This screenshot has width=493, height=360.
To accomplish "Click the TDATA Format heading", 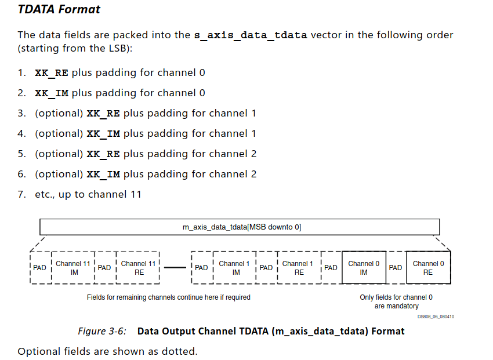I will [59, 10].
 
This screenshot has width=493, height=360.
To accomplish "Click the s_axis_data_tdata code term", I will [250, 35].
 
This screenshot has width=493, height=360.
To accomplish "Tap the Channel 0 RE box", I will [427, 267].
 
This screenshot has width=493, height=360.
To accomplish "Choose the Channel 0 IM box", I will [364, 267].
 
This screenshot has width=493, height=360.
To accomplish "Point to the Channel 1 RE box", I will [298, 267].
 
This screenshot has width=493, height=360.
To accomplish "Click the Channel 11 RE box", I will [138, 267].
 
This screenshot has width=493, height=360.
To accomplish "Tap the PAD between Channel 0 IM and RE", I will [395, 268].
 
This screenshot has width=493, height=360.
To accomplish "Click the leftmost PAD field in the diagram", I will [39, 268].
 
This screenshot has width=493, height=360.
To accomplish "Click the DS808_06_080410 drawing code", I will [436, 317].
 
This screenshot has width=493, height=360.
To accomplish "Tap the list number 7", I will [21, 194].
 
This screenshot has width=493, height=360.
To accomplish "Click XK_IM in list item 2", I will [52, 93].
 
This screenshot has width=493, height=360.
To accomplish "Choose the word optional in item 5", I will [59, 154].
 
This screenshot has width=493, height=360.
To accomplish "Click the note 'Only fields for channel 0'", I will [396, 297].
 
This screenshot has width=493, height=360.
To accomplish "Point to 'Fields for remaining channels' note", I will [169, 297].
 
